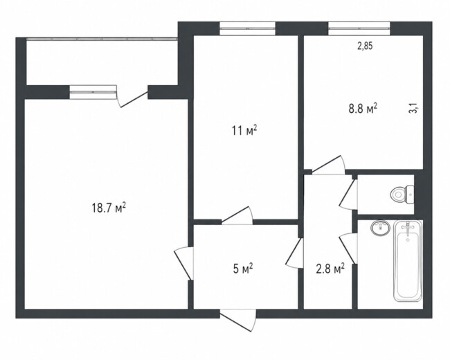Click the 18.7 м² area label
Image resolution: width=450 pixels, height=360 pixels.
click(109, 208)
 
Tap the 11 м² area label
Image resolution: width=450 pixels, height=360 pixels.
click(244, 131)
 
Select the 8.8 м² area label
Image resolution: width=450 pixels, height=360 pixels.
click(363, 109)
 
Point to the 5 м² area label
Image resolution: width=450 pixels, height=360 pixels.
click(243, 269)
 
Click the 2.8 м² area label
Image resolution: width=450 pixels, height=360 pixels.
click(330, 269)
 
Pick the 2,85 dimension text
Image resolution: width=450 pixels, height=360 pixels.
click(365, 46)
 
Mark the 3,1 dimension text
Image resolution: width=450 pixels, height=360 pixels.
click(413, 109)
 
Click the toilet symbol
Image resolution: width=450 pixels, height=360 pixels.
click(402, 195)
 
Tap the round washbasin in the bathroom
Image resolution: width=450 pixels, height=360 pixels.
click(381, 228)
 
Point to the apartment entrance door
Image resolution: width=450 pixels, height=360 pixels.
click(238, 320)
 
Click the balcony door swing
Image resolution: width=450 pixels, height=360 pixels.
click(133, 97)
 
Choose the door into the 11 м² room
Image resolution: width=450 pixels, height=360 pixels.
click(237, 215)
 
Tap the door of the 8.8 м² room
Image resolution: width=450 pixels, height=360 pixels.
click(328, 165)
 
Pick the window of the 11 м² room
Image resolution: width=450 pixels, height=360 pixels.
click(247, 28)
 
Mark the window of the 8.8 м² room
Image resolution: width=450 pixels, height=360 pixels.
click(359, 28)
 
